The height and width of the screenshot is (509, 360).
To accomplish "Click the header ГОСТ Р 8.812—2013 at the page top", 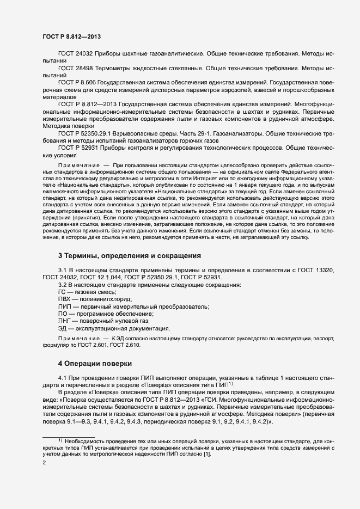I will pyautogui.click(x=71, y=36).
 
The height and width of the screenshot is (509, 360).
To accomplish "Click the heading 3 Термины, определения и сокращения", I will pyautogui.click(x=130, y=255).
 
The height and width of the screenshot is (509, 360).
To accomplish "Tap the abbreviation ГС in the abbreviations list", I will pyautogui.click(x=62, y=292).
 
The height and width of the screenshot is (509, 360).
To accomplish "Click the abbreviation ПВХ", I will pyautogui.click(x=64, y=299).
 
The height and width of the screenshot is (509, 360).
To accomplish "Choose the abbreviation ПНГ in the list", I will pyautogui.click(x=64, y=321).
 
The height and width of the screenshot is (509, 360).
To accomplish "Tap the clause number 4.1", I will pyautogui.click(x=63, y=377).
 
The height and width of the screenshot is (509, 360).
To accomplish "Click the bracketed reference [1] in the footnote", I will pyautogui.click(x=206, y=453).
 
